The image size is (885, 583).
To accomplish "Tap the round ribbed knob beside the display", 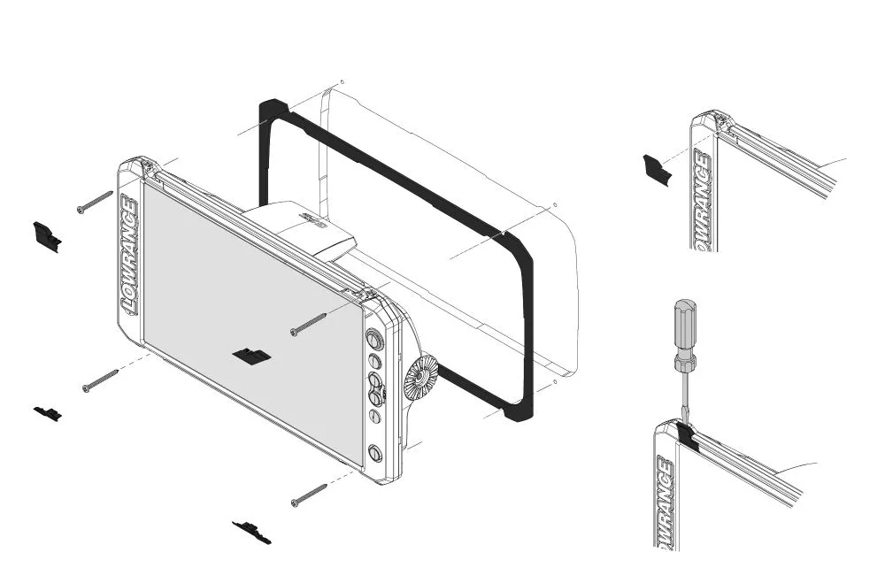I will pos(420,379).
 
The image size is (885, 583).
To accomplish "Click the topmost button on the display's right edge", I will pos(374,340).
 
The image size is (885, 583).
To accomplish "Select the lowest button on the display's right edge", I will pos(374,453).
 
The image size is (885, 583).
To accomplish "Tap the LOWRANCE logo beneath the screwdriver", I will pos(664,501).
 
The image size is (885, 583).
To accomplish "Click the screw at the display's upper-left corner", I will pos(95,201).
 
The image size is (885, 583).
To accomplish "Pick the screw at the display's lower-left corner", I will pos(101,381).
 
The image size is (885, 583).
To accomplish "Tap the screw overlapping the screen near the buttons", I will pos(309,324).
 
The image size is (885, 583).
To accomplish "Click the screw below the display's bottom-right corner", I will pos(309,495).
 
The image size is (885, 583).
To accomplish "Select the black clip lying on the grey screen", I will pos(252,356).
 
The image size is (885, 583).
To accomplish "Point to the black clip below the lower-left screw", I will pos(48,412).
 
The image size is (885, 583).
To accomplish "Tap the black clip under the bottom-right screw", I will pos(252,532).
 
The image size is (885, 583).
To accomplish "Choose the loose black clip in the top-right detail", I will pos(657,168).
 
